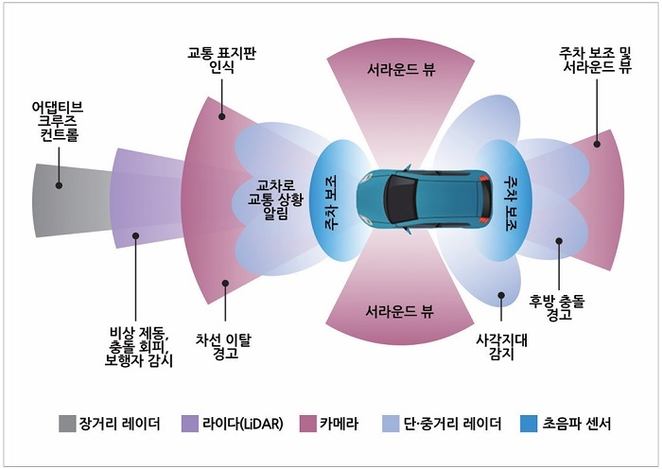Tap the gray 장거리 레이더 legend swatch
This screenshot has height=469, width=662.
66,423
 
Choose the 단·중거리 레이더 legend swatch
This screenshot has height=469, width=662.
389,423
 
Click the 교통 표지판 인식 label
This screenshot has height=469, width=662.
221,60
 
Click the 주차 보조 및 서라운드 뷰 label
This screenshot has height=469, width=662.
596,60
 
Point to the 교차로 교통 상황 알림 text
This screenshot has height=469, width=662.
274,200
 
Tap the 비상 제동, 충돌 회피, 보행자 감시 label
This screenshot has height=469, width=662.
138,347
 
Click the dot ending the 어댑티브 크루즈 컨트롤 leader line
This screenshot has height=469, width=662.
58,186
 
